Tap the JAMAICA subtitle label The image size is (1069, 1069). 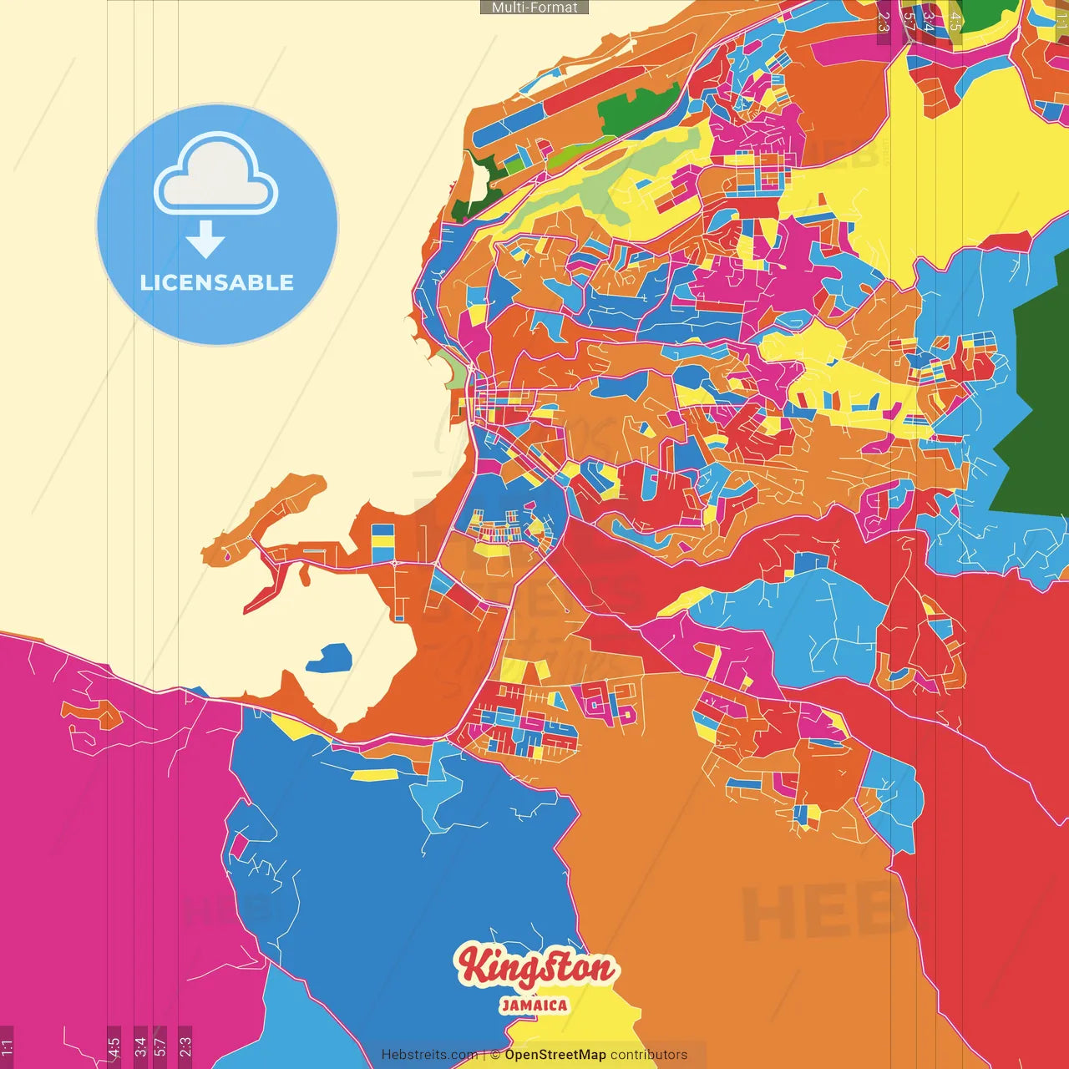[x=534, y=1006]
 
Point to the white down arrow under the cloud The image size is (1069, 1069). [x=205, y=241]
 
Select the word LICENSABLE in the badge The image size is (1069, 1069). [x=217, y=282]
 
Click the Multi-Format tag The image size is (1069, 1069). [x=534, y=8]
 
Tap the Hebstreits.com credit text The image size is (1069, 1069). [x=429, y=1055]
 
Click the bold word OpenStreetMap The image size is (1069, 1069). [x=555, y=1055]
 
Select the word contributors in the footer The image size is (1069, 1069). [x=649, y=1055]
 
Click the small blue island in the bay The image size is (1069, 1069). [x=331, y=658]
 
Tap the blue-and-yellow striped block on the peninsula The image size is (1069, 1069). [x=383, y=542]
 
